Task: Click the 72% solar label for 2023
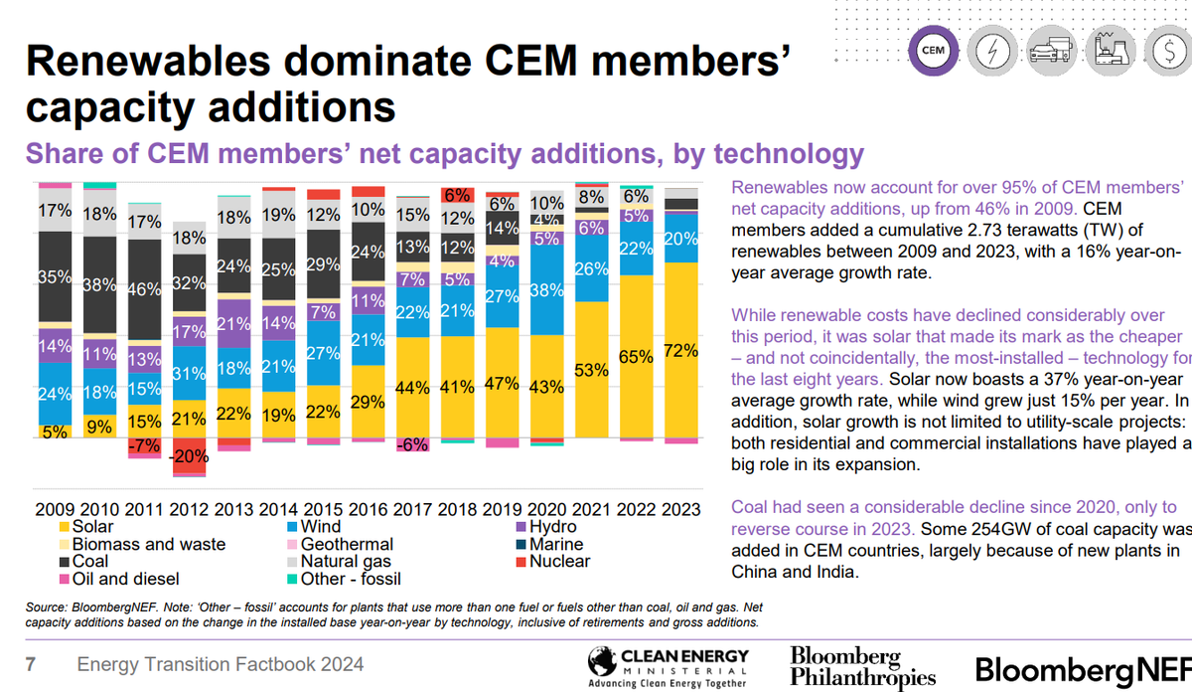[x=680, y=351]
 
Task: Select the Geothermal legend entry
[x=345, y=545]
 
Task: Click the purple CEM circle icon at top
[x=933, y=49]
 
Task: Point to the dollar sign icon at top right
[x=1164, y=49]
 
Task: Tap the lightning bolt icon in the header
[x=992, y=49]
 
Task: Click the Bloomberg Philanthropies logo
[x=862, y=665]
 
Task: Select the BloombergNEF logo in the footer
[x=1082, y=667]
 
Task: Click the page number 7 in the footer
[x=31, y=664]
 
